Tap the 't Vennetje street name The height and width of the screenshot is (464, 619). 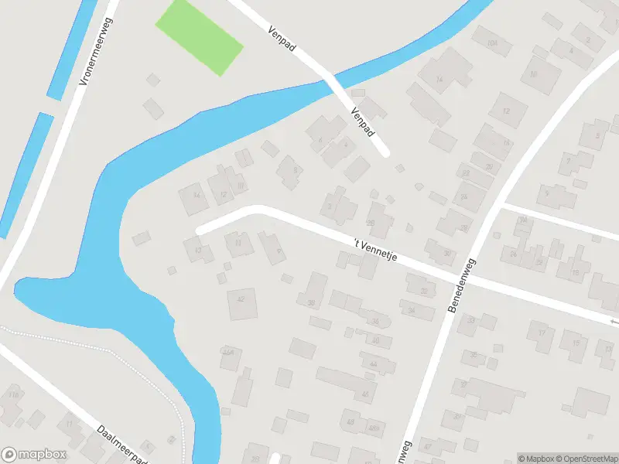pyautogui.click(x=374, y=251)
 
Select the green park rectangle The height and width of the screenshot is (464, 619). pyautogui.click(x=200, y=36)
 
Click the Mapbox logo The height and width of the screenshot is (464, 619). pyautogui.click(x=33, y=455)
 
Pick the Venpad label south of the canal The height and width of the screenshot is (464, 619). pyautogui.click(x=362, y=122)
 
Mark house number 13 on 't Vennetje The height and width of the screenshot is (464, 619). pyautogui.click(x=199, y=250)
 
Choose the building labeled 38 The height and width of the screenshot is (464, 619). pyautogui.click(x=313, y=303)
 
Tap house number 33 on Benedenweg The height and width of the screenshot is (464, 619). pyautogui.click(x=471, y=320)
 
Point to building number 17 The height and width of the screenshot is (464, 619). pyautogui.click(x=542, y=333)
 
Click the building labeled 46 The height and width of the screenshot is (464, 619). pyautogui.click(x=365, y=395)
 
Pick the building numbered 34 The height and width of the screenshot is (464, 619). pyautogui.click(x=412, y=310)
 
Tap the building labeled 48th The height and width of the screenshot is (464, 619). pyautogui.click(x=374, y=427)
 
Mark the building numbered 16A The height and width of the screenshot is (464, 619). pyautogui.click(x=523, y=221)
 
